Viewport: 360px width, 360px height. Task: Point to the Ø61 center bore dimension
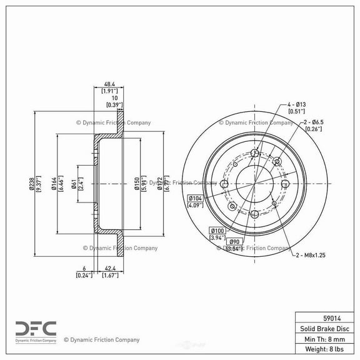[x=74, y=184]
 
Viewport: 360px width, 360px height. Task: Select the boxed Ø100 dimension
[x=216, y=231]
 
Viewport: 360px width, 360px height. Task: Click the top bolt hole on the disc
[x=254, y=154]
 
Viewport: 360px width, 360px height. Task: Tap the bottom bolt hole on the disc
[x=254, y=214]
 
